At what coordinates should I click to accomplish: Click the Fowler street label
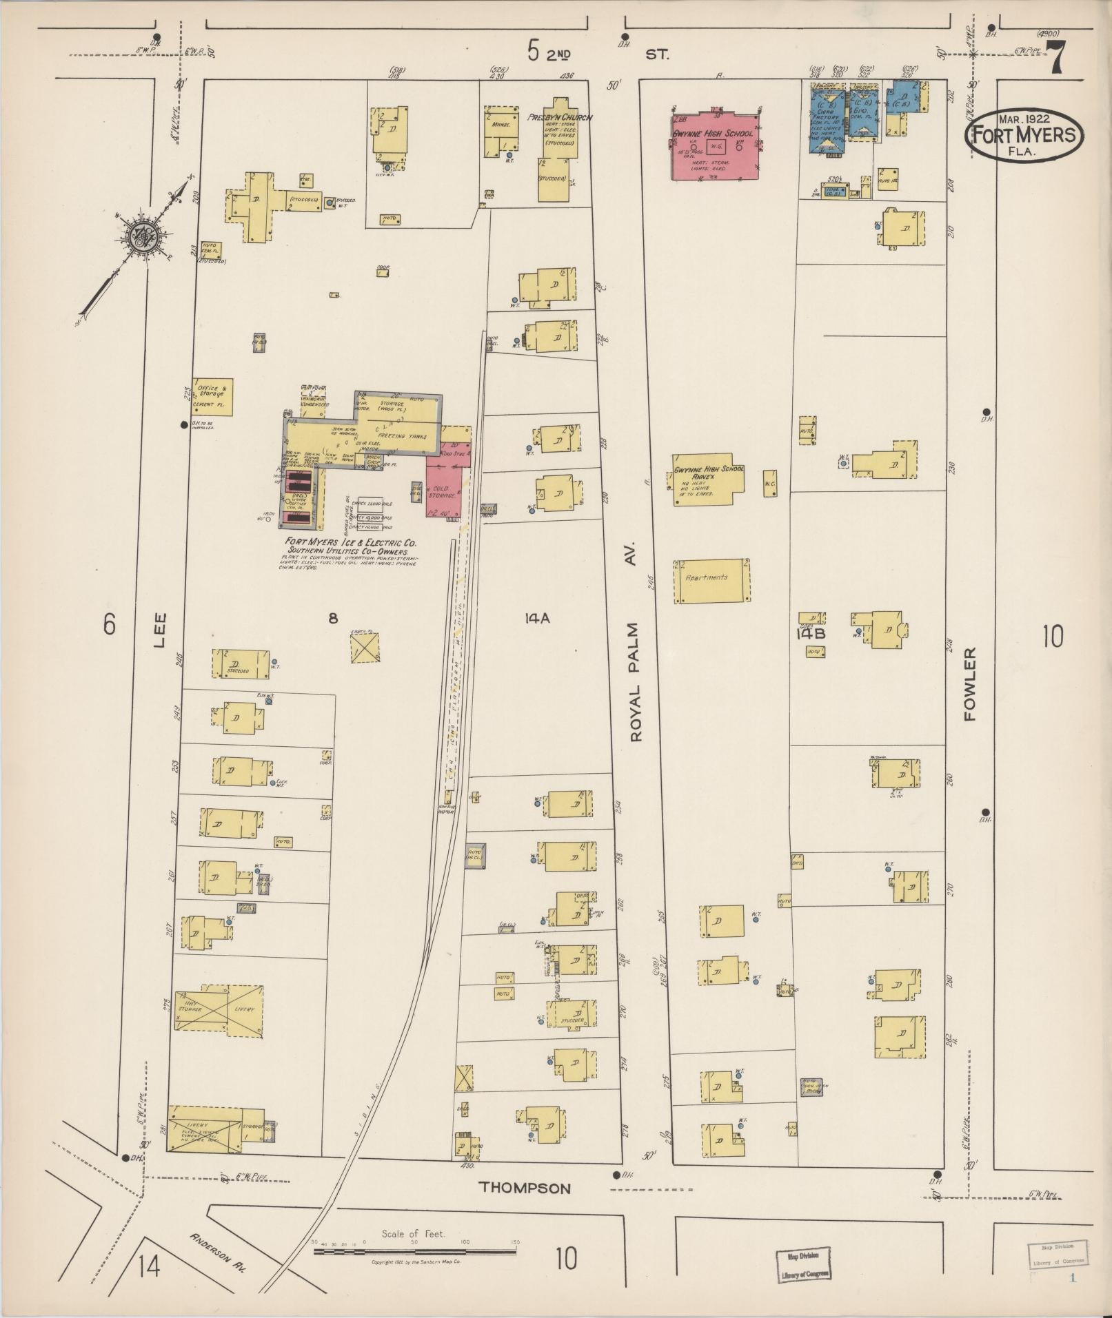[x=971, y=684]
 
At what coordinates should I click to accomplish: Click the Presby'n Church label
[x=559, y=118]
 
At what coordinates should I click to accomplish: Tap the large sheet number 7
[x=1057, y=58]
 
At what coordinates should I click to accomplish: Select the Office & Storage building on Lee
[x=213, y=397]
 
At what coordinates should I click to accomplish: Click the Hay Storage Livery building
[x=219, y=1009]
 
